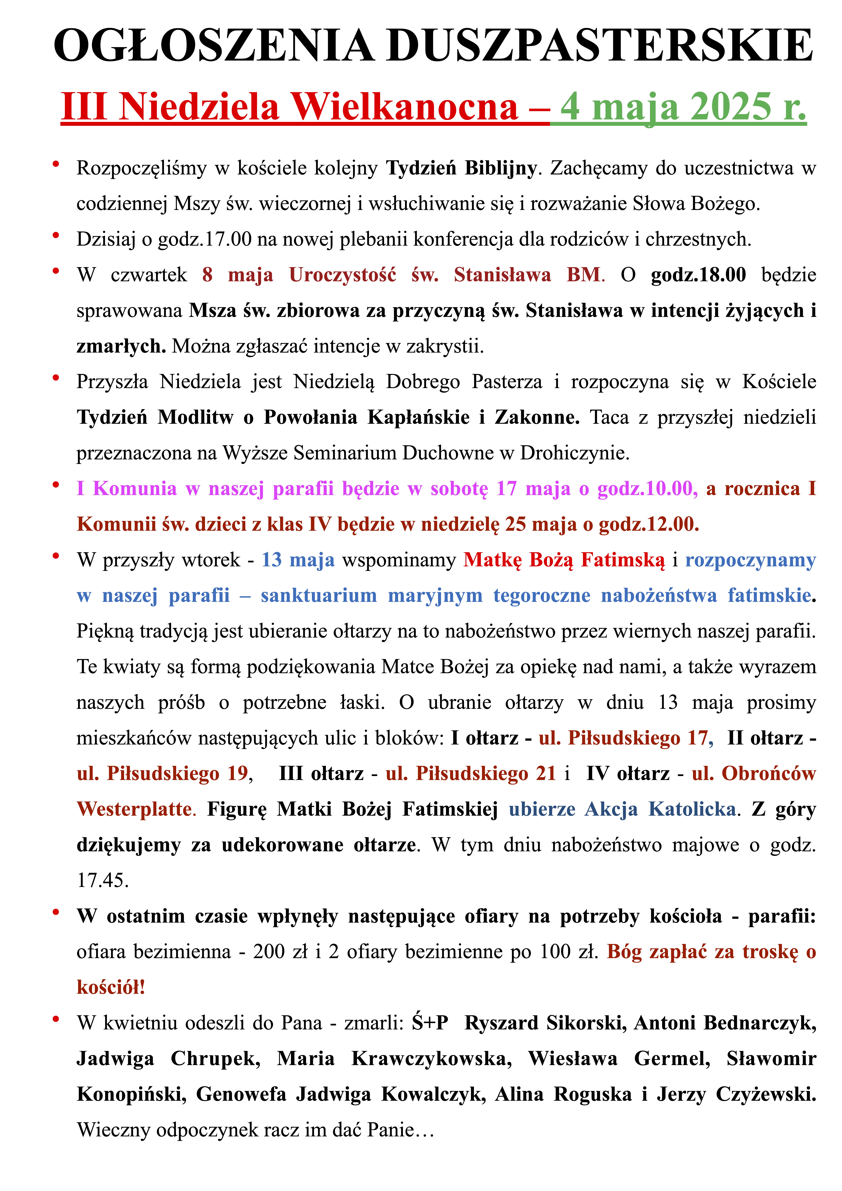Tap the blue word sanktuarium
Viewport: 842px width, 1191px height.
[319, 595]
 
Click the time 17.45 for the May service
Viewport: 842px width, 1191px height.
[102, 881]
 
